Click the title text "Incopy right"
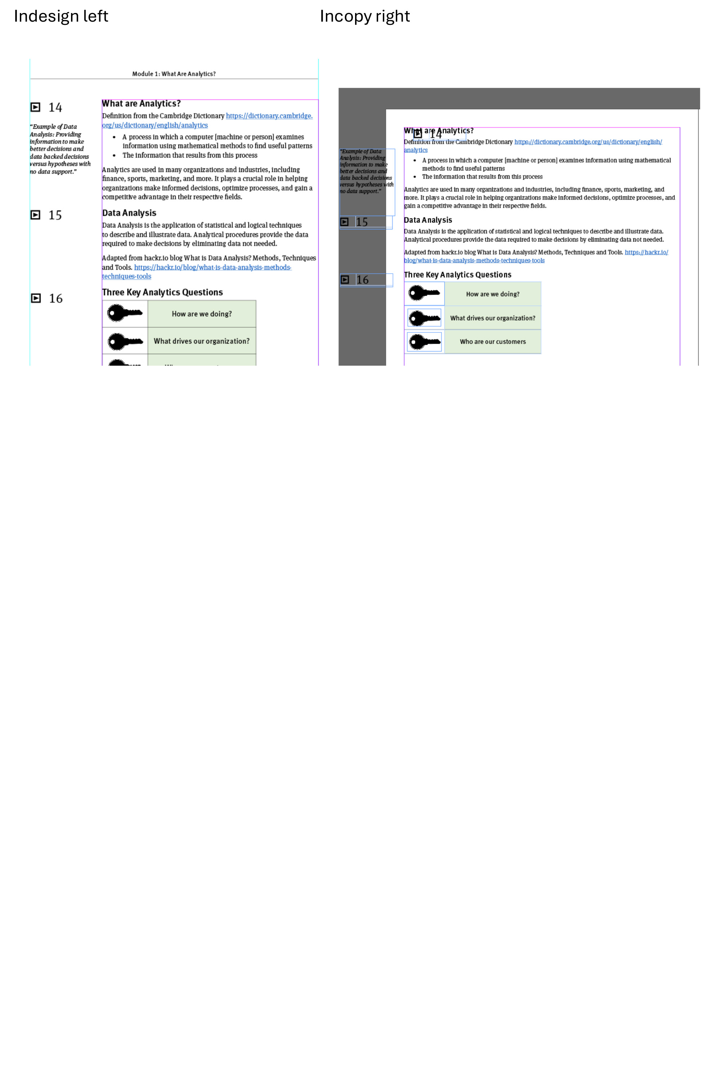coord(364,16)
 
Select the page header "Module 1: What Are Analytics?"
coord(174,74)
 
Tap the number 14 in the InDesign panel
coord(55,107)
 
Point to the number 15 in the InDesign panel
coord(55,215)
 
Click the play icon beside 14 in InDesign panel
coord(35,107)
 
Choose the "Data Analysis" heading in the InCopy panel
coord(428,220)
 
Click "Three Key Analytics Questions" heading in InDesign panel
coord(162,292)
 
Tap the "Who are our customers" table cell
coord(493,342)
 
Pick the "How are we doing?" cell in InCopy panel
coord(493,294)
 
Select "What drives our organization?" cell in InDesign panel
coord(202,341)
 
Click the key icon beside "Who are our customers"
coord(424,342)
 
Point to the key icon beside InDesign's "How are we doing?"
coord(125,313)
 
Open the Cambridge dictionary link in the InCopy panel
coord(588,142)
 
